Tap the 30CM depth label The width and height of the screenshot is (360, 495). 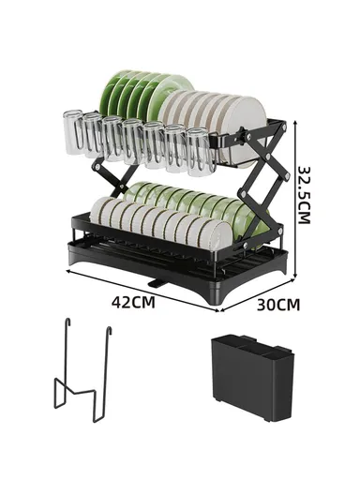tap(278, 304)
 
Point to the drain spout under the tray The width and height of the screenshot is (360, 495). tap(156, 280)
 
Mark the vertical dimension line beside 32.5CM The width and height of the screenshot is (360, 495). tap(297, 197)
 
